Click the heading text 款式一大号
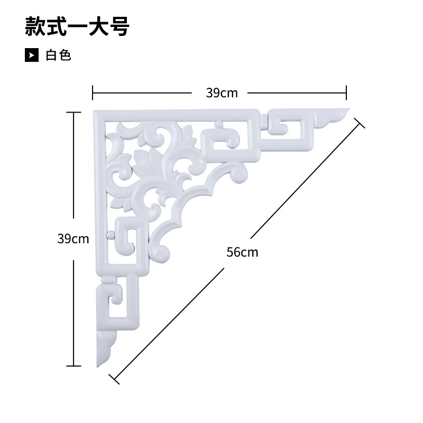tap(77, 26)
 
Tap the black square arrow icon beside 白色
tap(32, 55)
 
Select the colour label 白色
tap(58, 55)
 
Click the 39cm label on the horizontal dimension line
tap(222, 93)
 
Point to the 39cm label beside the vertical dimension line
tap(73, 238)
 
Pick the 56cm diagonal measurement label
tap(243, 252)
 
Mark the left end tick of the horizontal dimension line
tap(93, 93)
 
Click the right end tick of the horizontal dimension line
tap(346, 93)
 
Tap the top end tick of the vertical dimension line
tap(73, 112)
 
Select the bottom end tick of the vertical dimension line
tap(73, 365)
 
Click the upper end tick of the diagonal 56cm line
tap(360, 123)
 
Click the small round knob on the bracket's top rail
tap(217, 125)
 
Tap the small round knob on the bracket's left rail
tap(110, 234)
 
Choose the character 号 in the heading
tap(119, 26)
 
